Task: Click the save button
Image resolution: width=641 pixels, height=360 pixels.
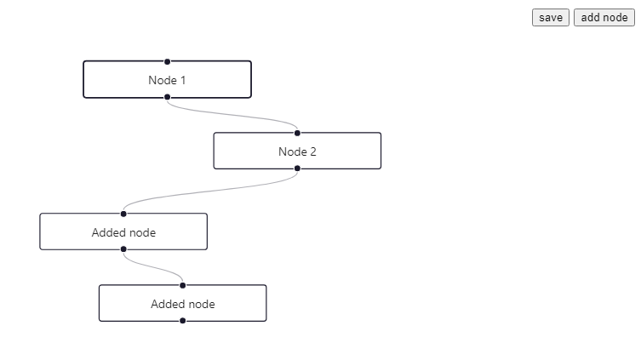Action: [550, 18]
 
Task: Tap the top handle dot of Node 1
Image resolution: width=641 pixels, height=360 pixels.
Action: [167, 61]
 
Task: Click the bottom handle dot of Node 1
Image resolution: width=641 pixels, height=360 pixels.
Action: [167, 98]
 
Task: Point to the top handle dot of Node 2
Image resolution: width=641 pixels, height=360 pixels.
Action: [297, 133]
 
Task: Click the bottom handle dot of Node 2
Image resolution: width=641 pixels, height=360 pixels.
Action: [297, 169]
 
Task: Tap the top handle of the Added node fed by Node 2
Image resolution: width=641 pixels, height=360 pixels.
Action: [123, 214]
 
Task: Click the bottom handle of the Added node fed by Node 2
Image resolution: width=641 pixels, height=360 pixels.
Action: [123, 249]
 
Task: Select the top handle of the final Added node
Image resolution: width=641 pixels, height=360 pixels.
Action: [182, 285]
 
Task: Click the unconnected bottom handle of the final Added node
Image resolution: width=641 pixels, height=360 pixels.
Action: [182, 321]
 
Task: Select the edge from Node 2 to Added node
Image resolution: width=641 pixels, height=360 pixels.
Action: [210, 191]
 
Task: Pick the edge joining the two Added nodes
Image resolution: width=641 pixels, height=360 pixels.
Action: [153, 267]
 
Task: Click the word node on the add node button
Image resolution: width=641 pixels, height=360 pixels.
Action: [615, 18]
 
